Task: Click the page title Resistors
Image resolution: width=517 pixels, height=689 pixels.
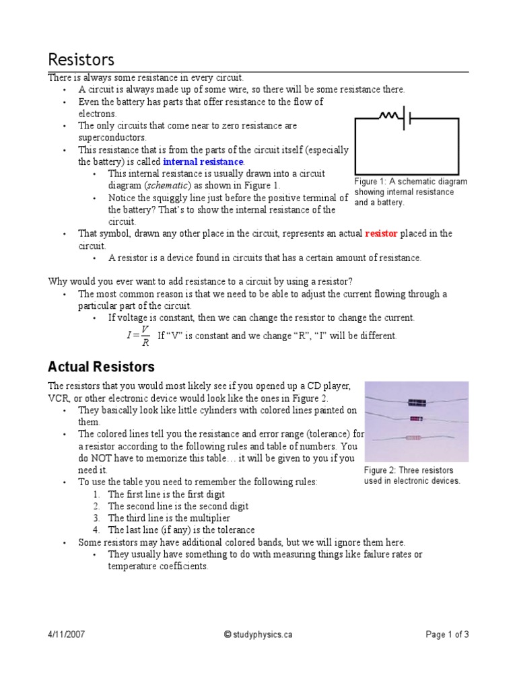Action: (x=81, y=60)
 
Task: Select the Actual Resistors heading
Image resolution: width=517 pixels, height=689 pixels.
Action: (x=101, y=367)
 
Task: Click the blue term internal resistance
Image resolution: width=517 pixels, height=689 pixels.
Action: (x=203, y=162)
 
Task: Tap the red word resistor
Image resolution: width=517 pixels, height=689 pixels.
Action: (x=381, y=233)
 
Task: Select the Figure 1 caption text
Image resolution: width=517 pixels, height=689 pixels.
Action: (x=410, y=192)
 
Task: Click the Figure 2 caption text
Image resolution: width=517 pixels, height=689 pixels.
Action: (x=412, y=475)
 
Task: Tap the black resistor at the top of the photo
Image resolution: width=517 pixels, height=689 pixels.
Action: (x=417, y=402)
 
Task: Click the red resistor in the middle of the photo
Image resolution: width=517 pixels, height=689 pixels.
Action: (x=417, y=419)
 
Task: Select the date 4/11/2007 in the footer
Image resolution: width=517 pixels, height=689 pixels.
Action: (x=67, y=634)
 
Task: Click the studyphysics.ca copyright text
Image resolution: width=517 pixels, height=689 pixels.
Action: (x=258, y=634)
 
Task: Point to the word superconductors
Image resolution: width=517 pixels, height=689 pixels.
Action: (x=112, y=137)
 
